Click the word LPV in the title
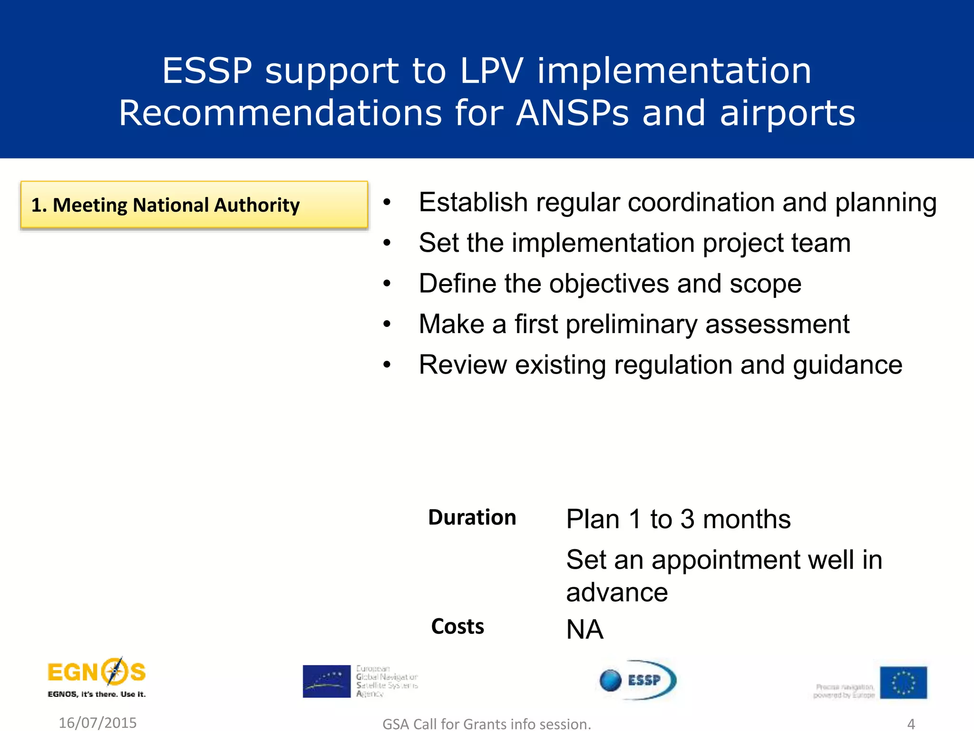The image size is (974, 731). click(x=492, y=71)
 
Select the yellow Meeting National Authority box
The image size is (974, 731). click(x=194, y=205)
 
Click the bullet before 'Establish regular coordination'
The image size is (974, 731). click(x=387, y=203)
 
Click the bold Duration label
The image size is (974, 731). click(x=472, y=517)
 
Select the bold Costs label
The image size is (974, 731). click(x=458, y=626)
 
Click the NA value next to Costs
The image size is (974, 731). click(x=584, y=630)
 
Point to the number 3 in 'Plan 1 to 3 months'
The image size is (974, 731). click(x=687, y=519)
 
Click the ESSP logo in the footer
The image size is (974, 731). click(x=638, y=680)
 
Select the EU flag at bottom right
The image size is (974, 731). click(x=903, y=682)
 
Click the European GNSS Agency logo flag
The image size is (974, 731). click(x=326, y=681)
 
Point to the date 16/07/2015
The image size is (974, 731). click(x=97, y=722)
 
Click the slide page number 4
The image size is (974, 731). click(x=911, y=723)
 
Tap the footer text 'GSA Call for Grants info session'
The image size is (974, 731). click(x=487, y=724)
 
